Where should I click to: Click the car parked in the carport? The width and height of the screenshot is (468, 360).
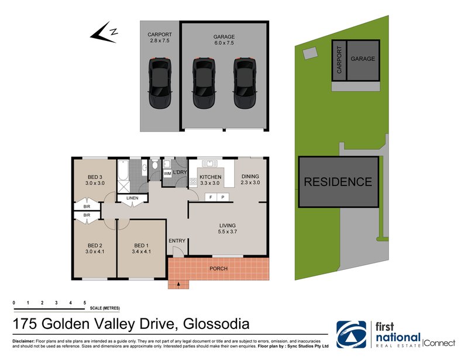pyautogui.click(x=159, y=82)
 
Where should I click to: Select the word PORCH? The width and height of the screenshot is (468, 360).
pyautogui.click(x=218, y=269)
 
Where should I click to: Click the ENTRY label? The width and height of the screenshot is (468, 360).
pyautogui.click(x=176, y=241)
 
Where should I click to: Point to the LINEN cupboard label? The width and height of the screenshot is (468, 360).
pyautogui.click(x=132, y=198)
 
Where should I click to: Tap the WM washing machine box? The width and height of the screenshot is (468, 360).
pyautogui.click(x=167, y=174)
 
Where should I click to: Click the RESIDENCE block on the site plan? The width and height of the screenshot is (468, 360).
pyautogui.click(x=337, y=182)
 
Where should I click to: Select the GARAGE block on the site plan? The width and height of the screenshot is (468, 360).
pyautogui.click(x=363, y=59)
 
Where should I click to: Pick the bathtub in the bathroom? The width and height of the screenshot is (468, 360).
pyautogui.click(x=123, y=171)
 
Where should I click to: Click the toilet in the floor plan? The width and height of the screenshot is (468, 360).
pyautogui.click(x=154, y=166)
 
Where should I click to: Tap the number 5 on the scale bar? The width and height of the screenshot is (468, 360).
pyautogui.click(x=85, y=301)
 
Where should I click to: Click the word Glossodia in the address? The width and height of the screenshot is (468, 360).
pyautogui.click(x=216, y=323)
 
